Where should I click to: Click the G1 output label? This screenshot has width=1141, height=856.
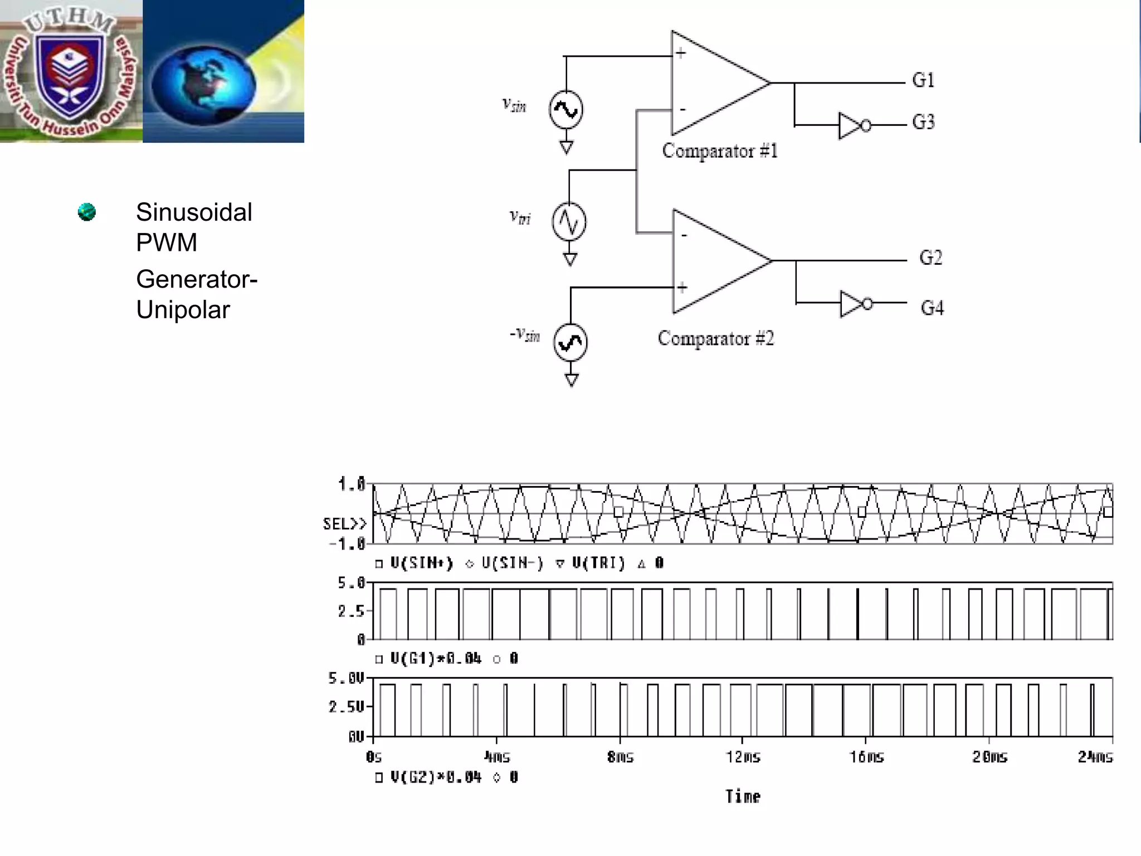(923, 80)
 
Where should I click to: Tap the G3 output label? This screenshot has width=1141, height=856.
(923, 122)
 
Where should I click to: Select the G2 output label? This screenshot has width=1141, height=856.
(930, 257)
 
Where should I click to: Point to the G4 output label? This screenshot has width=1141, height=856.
(932, 308)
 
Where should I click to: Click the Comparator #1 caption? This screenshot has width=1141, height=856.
(720, 151)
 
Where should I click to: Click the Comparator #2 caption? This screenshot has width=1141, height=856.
(716, 338)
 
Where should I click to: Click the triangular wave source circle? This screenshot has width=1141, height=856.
(569, 222)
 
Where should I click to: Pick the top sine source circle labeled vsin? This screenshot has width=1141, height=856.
(566, 110)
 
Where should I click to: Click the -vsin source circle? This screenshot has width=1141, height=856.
(570, 342)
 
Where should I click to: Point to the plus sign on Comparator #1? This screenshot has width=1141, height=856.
(681, 54)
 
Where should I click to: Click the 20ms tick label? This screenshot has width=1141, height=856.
(989, 757)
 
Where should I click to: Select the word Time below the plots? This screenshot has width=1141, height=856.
(743, 796)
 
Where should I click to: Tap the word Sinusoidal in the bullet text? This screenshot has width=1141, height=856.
(194, 212)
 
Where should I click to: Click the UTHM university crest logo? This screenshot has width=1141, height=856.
(69, 71)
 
